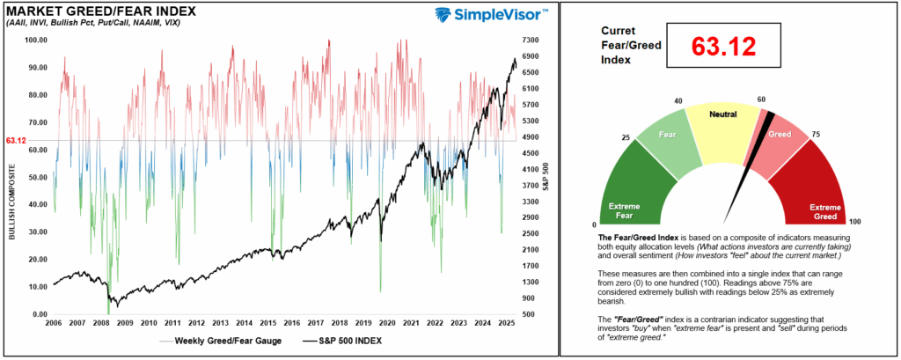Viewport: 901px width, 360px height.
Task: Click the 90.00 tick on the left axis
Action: tap(39, 67)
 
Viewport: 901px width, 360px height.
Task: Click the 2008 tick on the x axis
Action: tap(101, 324)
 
